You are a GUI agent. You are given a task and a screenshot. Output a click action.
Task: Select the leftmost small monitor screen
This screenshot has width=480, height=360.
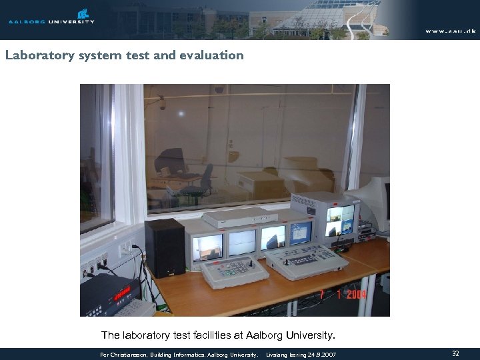point(207,247)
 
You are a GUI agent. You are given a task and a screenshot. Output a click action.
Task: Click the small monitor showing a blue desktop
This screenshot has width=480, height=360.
point(300,233)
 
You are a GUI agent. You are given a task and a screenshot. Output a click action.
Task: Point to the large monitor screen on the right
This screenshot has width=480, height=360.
point(341,221)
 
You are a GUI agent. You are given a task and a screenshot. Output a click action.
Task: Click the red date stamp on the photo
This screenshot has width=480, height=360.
point(343,293)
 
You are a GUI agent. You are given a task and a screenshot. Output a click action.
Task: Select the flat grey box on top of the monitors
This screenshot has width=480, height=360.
point(240,217)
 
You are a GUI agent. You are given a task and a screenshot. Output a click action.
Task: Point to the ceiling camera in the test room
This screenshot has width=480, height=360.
point(162,104)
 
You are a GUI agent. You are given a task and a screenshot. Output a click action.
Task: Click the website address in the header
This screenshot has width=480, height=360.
point(451,31)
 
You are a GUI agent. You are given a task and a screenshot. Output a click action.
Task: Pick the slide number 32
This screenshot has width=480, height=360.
point(455,353)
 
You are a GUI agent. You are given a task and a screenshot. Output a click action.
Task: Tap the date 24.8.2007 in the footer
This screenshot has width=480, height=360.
point(322,354)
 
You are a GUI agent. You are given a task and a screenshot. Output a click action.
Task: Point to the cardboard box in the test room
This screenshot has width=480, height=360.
point(307,175)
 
